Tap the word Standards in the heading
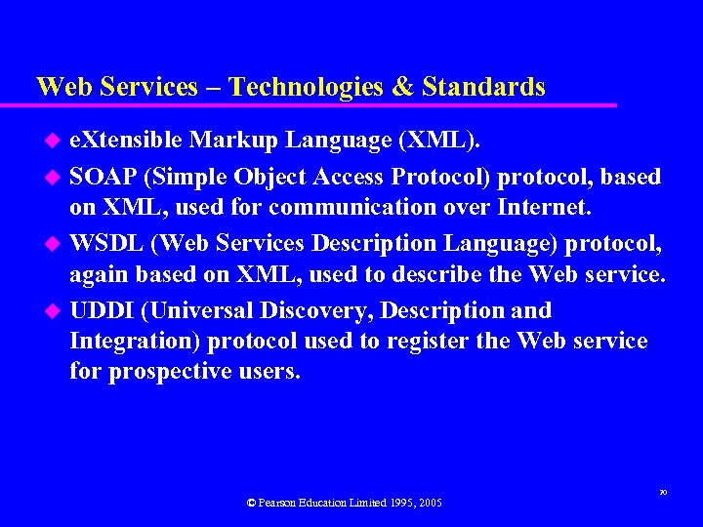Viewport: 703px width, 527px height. point(483,87)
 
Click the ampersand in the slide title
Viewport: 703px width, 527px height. point(402,87)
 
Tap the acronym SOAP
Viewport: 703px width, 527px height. point(100,177)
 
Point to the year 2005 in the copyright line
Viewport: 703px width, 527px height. point(428,503)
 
